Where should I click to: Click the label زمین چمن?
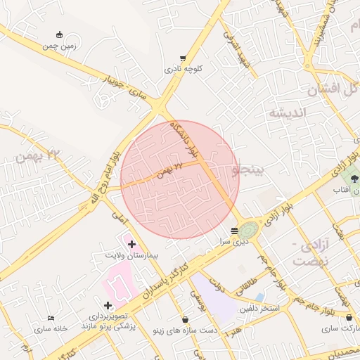tap(58, 46)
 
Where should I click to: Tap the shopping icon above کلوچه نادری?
tap(184, 58)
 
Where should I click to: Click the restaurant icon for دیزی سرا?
tap(235, 230)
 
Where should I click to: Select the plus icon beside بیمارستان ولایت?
tap(131, 243)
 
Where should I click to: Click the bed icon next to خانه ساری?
tap(51, 319)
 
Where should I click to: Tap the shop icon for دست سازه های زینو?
tap(185, 319)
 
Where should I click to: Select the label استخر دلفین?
tap(259, 309)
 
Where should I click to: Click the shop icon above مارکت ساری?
tap(349, 318)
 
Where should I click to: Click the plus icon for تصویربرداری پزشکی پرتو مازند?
tap(108, 305)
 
